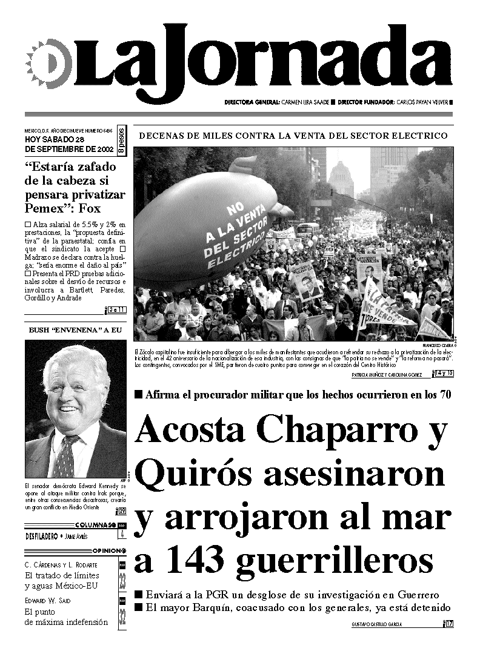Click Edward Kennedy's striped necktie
point(65,456)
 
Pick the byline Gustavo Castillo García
point(376,624)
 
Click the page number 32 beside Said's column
point(122,616)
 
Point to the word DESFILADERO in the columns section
point(42,536)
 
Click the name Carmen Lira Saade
point(305,102)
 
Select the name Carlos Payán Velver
point(422,102)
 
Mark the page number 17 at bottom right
point(449,624)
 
